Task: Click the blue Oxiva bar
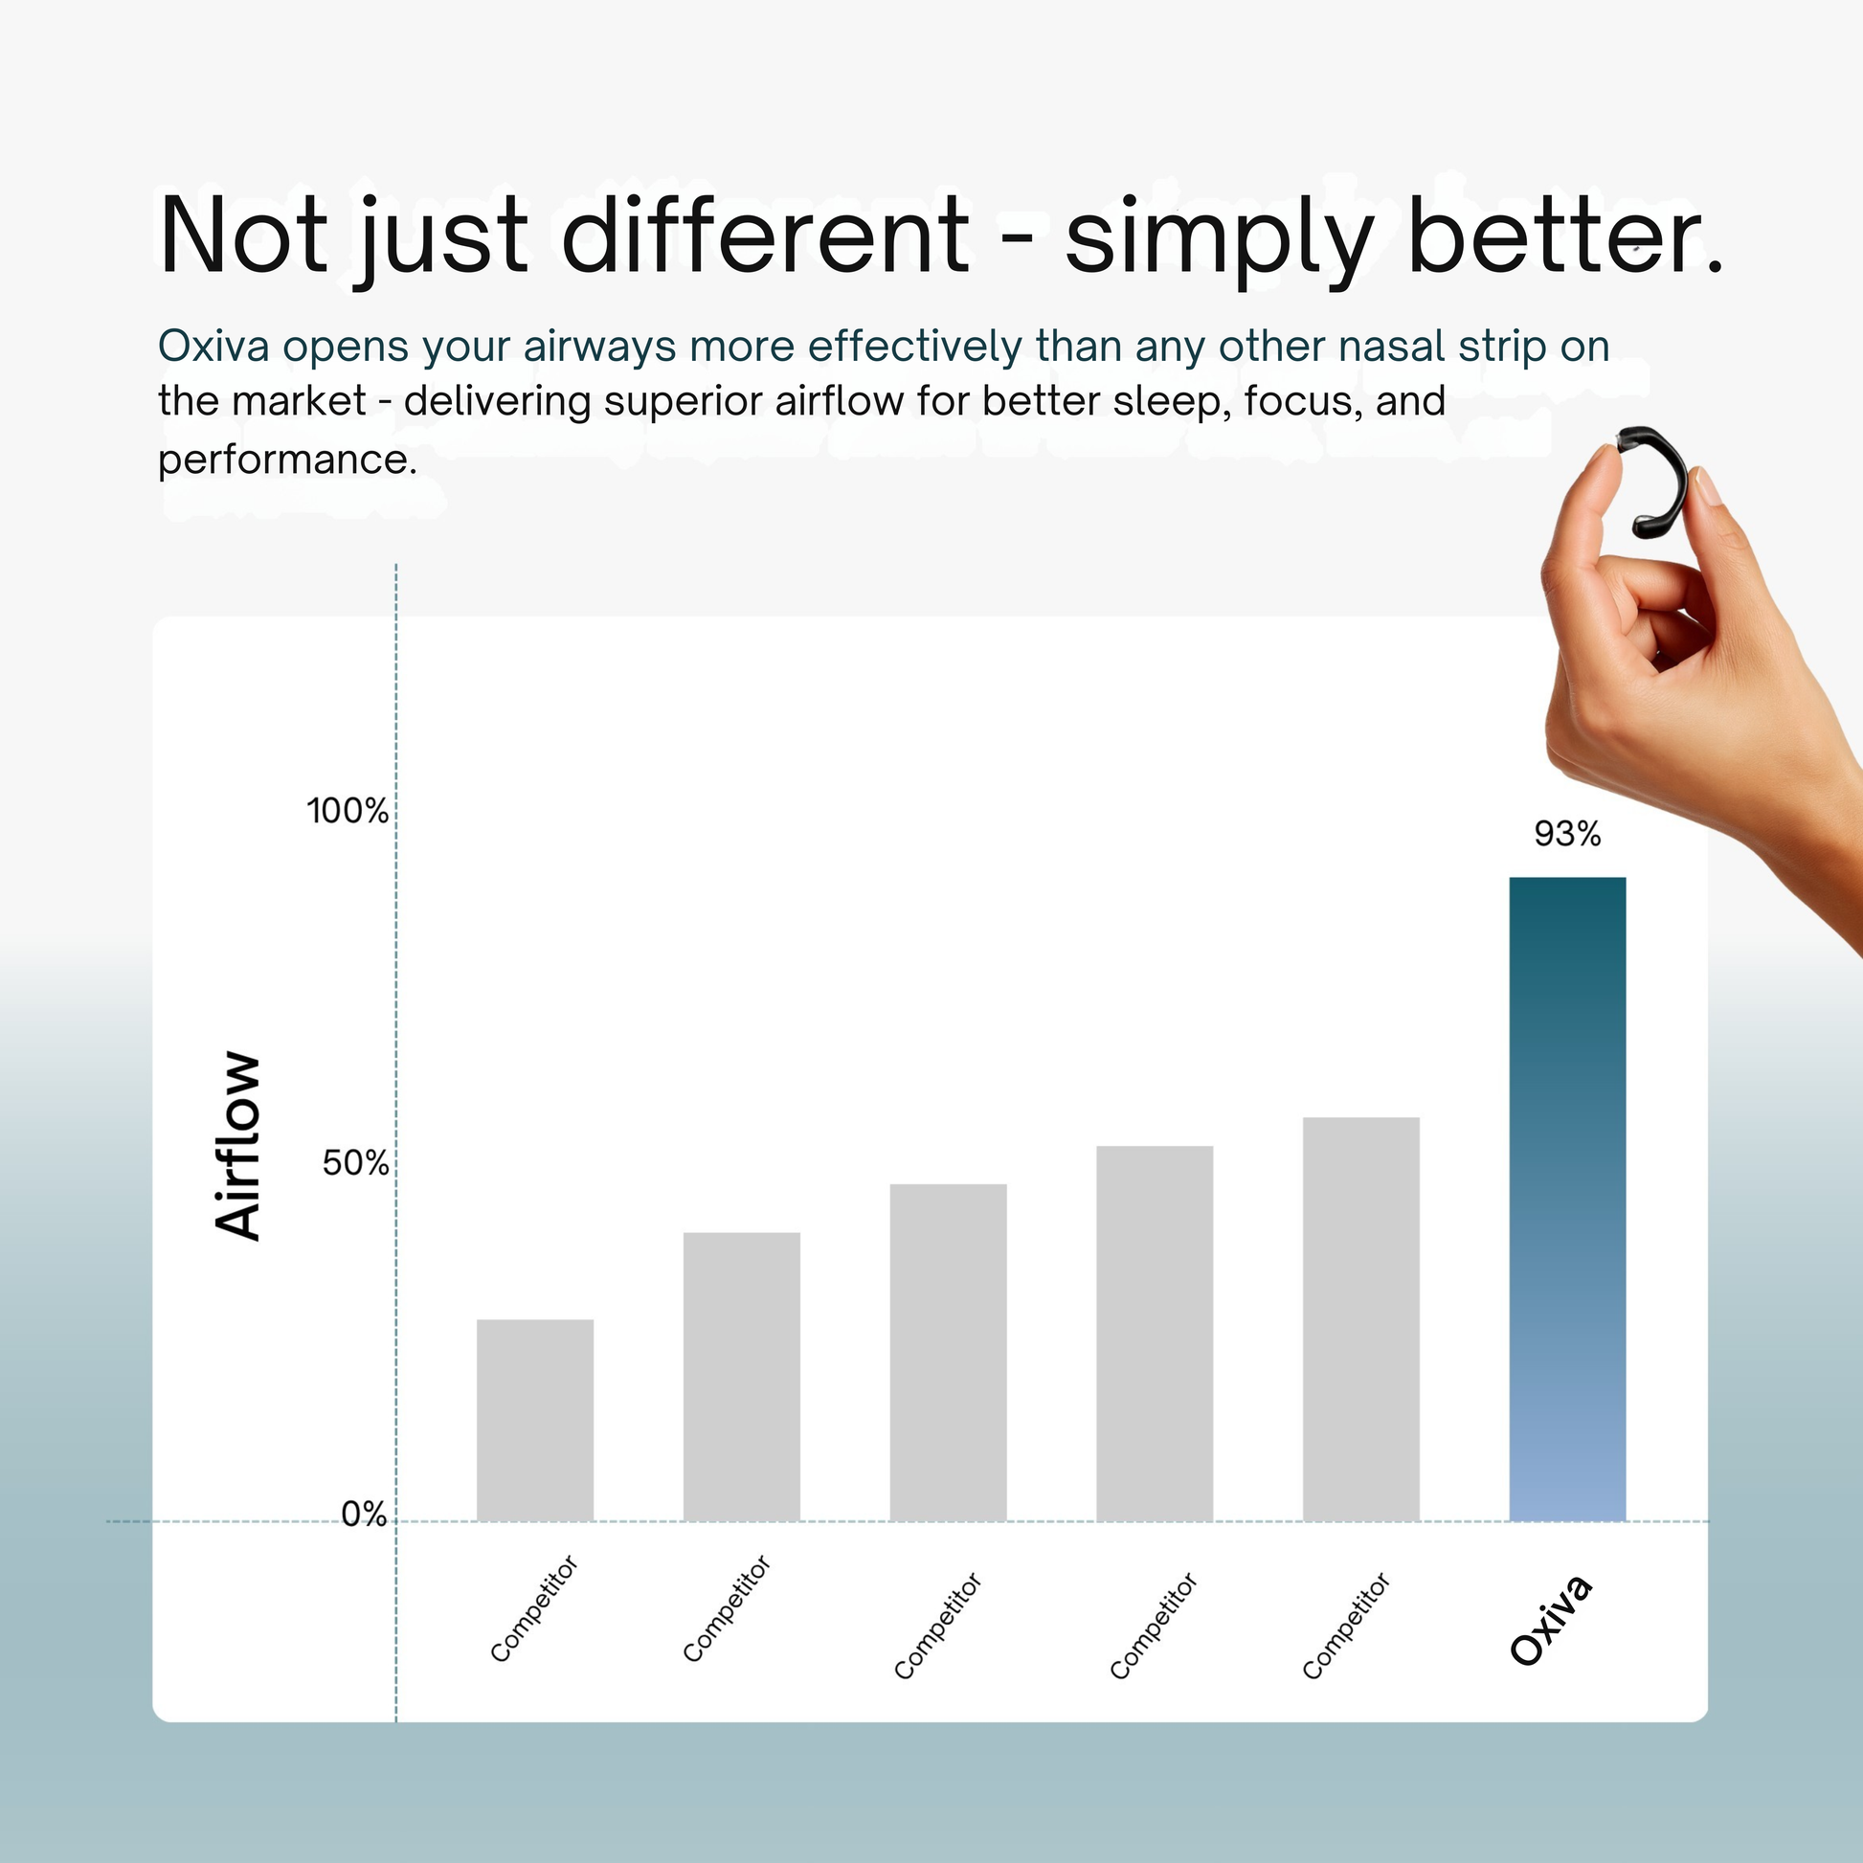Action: [1567, 1199]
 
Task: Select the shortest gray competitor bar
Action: [535, 1420]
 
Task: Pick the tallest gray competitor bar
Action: [1360, 1319]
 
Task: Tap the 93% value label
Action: [1567, 834]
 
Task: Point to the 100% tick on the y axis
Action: [348, 811]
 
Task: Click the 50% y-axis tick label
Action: [355, 1164]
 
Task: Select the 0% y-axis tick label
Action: [365, 1515]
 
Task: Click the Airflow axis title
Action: [237, 1146]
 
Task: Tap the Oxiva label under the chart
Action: [1550, 1620]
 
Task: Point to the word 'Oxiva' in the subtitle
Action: [213, 346]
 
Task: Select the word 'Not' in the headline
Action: [243, 235]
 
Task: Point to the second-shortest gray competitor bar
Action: [742, 1376]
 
